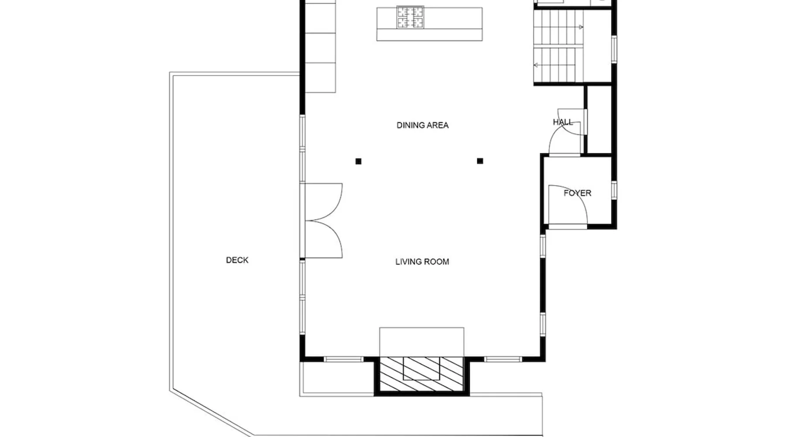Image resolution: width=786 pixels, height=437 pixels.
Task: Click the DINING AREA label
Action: click(x=422, y=125)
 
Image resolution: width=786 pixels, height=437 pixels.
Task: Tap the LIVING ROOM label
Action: click(x=422, y=262)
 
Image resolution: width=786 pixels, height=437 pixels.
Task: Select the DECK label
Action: click(x=237, y=260)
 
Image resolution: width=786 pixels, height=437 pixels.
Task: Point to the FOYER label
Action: click(x=577, y=193)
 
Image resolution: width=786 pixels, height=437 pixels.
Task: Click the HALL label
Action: click(x=563, y=122)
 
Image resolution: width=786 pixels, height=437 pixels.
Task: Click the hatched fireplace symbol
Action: click(x=421, y=374)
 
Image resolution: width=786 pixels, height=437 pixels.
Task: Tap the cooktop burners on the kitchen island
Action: click(x=410, y=17)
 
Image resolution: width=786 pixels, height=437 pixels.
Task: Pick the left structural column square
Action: click(x=359, y=161)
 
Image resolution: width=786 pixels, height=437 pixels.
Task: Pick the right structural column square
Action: click(x=480, y=161)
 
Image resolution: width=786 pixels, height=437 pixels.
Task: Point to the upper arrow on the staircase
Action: click(x=558, y=27)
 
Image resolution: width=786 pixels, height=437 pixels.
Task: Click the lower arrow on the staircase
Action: click(x=558, y=65)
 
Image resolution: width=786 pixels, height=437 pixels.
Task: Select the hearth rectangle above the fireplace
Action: click(x=421, y=342)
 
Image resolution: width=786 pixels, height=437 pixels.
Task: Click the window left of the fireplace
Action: click(x=344, y=360)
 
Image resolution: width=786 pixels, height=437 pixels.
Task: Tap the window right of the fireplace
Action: click(x=503, y=360)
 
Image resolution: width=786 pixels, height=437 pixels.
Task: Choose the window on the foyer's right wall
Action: click(x=614, y=190)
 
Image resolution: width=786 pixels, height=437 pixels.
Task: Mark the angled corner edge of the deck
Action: click(x=211, y=413)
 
